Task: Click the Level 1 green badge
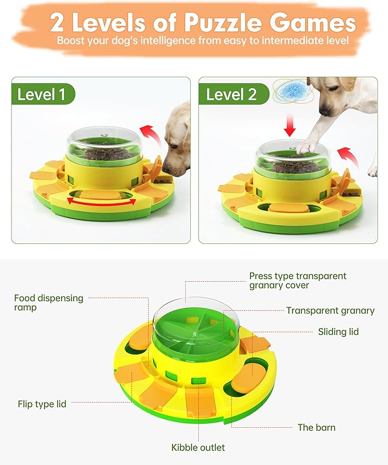[42, 94]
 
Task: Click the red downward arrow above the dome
[290, 125]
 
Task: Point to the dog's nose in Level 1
[167, 167]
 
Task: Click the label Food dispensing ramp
[49, 302]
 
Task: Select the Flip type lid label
[42, 404]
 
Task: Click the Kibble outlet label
[198, 447]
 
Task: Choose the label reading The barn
[317, 427]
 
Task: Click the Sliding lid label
[338, 332]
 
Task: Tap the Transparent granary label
[330, 310]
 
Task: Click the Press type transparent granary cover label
[298, 281]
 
